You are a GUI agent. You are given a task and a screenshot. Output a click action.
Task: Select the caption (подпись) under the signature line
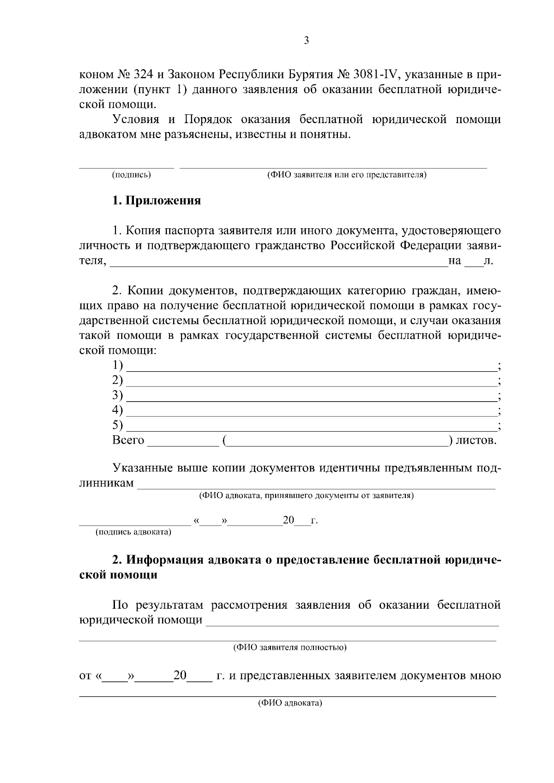pos(131,175)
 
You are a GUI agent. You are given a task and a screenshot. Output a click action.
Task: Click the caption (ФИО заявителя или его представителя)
pos(347,175)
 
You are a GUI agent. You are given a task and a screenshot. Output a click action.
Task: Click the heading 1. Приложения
pos(157,201)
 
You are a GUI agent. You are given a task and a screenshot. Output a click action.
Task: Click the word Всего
pos(128,440)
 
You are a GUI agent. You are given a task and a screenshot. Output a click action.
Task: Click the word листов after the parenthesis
pos(476,440)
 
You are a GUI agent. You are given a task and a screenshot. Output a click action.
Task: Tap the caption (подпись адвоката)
pos(133,532)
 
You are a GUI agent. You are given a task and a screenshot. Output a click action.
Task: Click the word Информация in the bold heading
pos(164,560)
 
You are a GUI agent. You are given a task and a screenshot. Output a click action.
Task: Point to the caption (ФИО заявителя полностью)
pos(289,647)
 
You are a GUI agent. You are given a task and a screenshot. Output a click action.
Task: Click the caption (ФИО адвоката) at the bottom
pos(289,703)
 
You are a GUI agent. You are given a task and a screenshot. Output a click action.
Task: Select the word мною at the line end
pos(485,676)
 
